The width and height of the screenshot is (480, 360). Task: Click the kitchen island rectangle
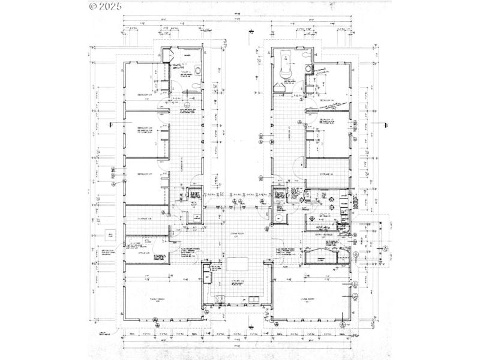click(x=237, y=263)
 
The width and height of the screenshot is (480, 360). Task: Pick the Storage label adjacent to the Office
click(x=145, y=219)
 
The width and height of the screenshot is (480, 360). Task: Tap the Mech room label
click(x=194, y=203)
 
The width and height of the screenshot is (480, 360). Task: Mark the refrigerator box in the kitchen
click(x=207, y=270)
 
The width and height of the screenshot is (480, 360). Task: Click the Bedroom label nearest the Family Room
click(x=144, y=174)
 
